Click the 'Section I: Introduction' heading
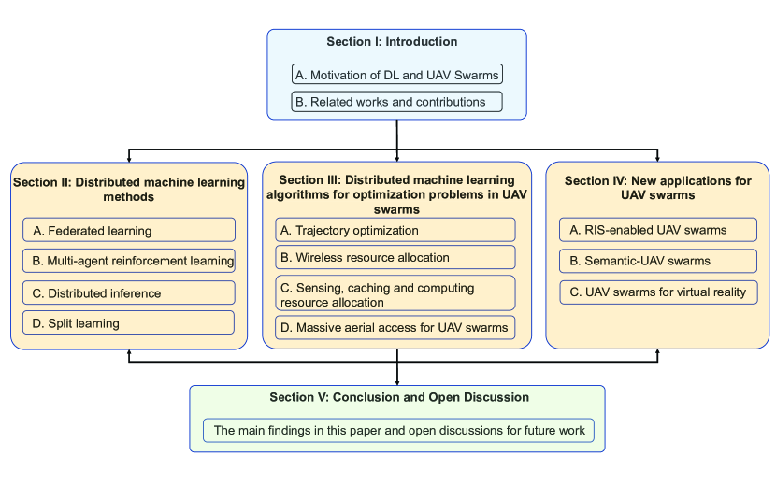point(392,42)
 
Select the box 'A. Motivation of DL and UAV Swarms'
point(396,75)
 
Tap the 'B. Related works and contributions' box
point(396,101)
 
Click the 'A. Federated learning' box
point(129,230)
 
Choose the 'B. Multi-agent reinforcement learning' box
point(129,261)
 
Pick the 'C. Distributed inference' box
point(129,293)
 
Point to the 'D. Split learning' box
point(129,323)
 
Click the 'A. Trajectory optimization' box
point(395,230)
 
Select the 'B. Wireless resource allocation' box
point(395,257)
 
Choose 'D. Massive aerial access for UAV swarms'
point(395,327)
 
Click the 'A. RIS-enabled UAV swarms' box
point(658,230)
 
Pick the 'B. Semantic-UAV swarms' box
point(658,261)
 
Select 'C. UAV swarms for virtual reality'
point(658,292)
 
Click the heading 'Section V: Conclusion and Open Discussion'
point(399,397)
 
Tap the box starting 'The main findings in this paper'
point(399,431)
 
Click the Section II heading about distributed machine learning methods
point(129,190)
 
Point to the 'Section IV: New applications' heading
point(658,188)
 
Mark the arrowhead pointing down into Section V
point(397,380)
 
